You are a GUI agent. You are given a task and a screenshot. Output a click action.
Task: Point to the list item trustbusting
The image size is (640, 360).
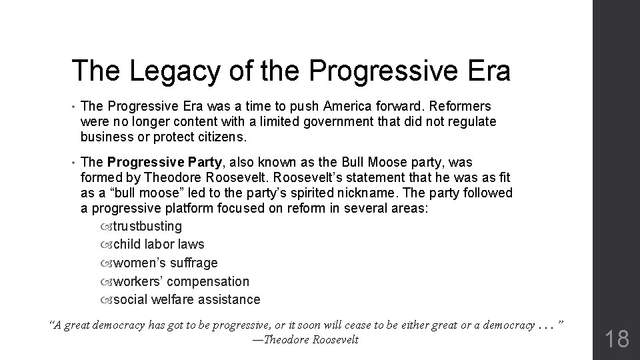(x=147, y=226)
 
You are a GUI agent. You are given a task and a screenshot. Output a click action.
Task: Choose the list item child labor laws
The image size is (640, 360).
(x=159, y=245)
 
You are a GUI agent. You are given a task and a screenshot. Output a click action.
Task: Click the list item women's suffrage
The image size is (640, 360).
(x=165, y=263)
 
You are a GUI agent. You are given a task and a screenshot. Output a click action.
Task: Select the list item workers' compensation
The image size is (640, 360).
(x=181, y=282)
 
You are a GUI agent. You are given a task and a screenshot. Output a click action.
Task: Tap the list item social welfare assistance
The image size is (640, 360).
(x=187, y=300)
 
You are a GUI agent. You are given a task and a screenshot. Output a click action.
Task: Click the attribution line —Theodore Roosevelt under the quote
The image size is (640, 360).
(x=305, y=340)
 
